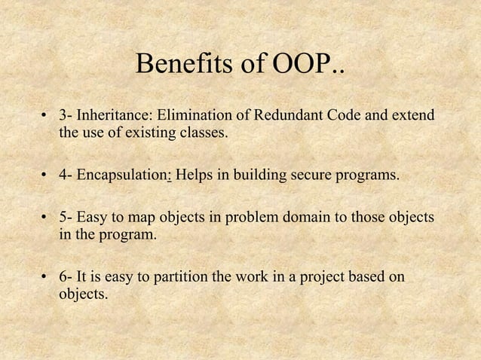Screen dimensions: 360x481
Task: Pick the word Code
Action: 340,117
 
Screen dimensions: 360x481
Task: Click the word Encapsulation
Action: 126,176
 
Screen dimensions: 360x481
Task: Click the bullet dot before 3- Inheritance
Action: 44,117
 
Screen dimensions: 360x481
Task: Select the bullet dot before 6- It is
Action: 44,277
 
